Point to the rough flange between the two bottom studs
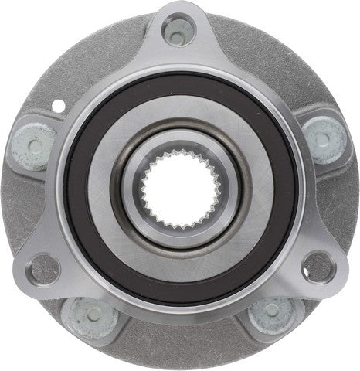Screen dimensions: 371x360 pyautogui.click(x=179, y=340)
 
